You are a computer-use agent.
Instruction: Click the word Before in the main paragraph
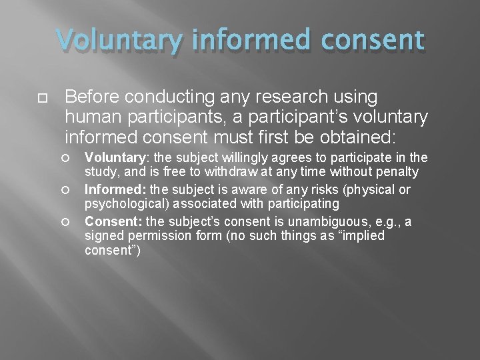click(x=92, y=97)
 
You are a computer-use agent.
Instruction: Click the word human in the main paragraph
click(x=92, y=118)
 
